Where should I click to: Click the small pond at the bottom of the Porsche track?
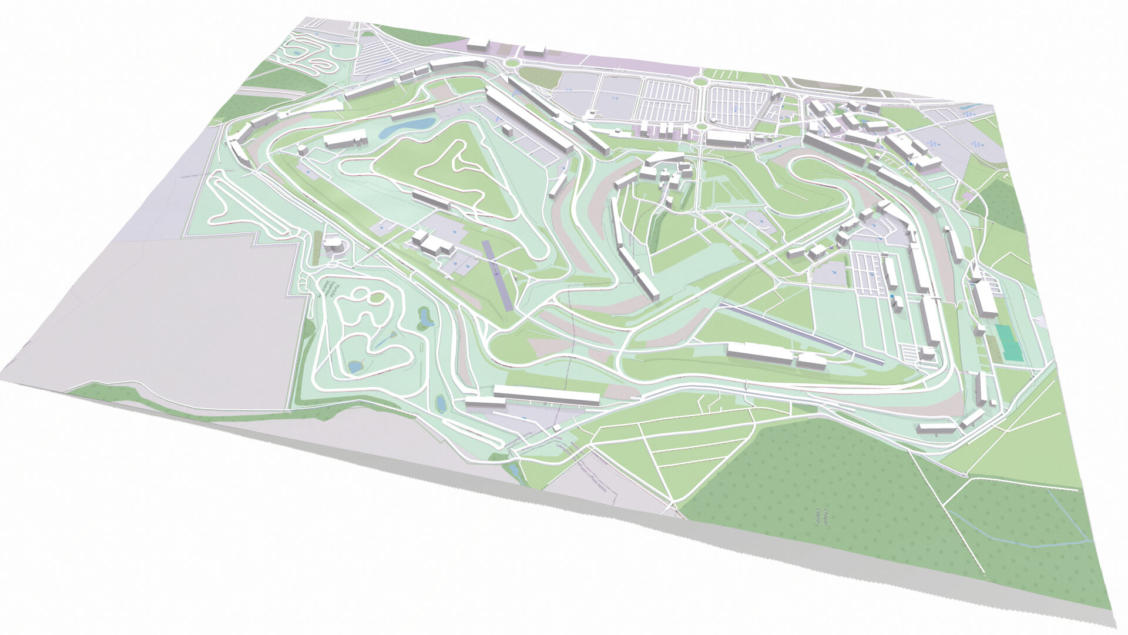point(355,366)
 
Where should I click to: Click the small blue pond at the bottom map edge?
point(515,470)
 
